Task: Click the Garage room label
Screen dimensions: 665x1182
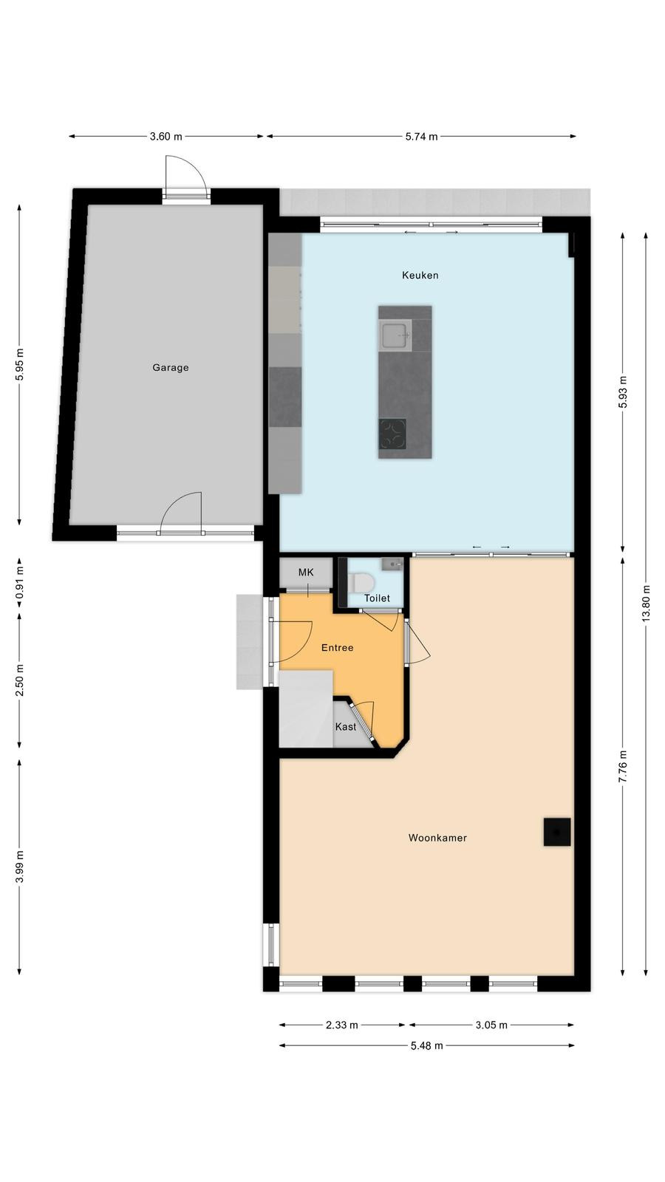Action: click(171, 367)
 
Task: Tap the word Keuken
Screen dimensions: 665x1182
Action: click(420, 275)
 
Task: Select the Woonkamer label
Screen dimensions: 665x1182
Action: click(437, 838)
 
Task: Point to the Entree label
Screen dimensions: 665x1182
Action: click(337, 647)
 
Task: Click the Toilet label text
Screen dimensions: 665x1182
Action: click(377, 598)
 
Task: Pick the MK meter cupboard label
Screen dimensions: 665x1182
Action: click(306, 572)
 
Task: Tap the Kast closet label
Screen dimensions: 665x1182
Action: click(346, 727)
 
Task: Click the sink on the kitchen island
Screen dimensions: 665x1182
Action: click(396, 334)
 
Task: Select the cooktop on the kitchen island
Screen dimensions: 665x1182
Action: click(392, 434)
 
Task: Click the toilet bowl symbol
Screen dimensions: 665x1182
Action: click(361, 583)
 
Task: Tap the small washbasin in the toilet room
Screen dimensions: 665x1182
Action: click(392, 564)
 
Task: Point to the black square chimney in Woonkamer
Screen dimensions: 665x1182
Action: click(557, 832)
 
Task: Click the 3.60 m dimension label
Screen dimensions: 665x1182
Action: click(166, 137)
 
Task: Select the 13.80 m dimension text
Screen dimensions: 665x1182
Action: click(646, 603)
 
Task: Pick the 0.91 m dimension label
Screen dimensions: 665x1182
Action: click(19, 583)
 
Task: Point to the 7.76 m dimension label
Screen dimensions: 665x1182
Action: click(623, 765)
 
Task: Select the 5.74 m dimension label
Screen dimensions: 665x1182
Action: click(421, 137)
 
